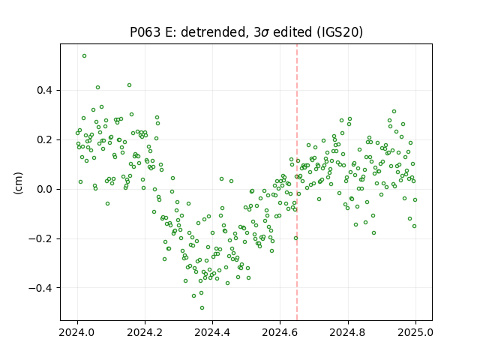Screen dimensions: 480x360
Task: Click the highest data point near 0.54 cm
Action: pos(84,56)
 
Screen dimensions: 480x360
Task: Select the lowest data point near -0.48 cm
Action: pos(202,308)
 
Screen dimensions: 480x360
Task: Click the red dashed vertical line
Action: pos(297,182)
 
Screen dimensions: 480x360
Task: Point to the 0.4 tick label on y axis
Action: pos(45,91)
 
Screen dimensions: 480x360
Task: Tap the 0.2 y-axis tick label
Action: pos(45,140)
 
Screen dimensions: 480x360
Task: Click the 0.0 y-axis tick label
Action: pos(45,190)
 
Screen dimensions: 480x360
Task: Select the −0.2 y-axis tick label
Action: pos(41,238)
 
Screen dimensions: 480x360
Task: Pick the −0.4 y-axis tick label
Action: pos(41,288)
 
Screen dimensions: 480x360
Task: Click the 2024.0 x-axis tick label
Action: pos(77,332)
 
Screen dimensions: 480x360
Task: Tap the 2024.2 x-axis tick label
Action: pos(145,332)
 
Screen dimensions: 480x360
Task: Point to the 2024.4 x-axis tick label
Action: pos(212,332)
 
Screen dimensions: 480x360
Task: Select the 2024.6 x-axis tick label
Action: pos(280,332)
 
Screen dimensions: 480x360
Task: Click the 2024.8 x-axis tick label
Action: pos(348,332)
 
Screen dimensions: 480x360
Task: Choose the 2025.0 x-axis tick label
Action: pos(415,332)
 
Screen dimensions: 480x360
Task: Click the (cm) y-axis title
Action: pos(18,183)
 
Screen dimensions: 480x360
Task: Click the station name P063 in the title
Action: pos(145,32)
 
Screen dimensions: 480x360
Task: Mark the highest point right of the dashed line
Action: pos(394,112)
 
